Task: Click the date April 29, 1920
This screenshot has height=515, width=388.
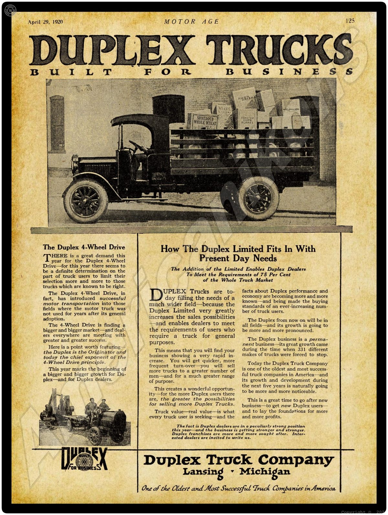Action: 45,22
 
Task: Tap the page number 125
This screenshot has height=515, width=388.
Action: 350,21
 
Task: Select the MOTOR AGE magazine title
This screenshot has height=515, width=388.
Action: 191,22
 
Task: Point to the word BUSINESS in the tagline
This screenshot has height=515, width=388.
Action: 289,72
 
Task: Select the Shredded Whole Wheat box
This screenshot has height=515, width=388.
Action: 204,121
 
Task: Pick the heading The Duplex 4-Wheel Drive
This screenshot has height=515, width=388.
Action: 84,247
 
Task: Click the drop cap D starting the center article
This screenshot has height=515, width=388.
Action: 156,295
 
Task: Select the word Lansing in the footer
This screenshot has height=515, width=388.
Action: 203,472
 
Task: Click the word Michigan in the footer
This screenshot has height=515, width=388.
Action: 264,472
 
